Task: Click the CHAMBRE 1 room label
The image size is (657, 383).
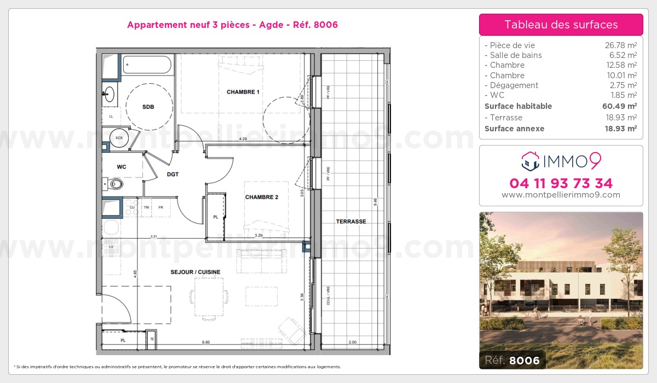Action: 243,92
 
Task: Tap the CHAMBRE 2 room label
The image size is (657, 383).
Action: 262,197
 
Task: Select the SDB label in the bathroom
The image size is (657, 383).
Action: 148,107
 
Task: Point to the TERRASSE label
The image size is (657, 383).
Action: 351,222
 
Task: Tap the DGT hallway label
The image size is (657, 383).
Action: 173,174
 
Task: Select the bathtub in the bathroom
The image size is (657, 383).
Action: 147,65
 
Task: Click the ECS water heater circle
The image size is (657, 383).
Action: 119,137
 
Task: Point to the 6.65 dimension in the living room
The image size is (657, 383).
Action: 206,343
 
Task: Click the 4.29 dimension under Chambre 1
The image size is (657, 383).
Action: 243,140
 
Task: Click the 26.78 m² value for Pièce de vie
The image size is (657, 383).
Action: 620,45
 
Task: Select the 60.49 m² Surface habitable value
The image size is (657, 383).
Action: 620,106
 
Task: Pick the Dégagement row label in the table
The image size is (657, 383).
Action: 511,85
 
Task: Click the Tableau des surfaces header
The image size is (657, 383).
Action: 561,25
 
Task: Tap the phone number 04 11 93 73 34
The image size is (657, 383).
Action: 561,183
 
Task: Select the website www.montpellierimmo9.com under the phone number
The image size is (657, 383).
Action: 561,195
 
